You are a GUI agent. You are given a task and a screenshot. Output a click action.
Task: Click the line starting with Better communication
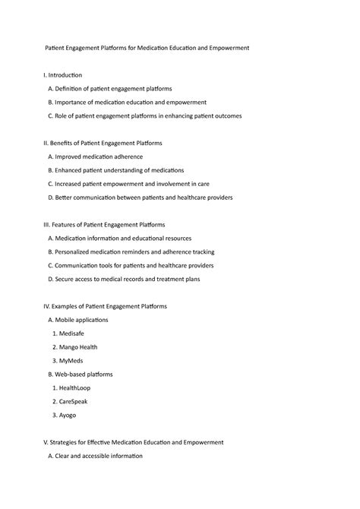click(x=140, y=198)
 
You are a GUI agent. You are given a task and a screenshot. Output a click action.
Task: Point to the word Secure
click(x=65, y=280)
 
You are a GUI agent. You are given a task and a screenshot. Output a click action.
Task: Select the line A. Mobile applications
click(x=78, y=321)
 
